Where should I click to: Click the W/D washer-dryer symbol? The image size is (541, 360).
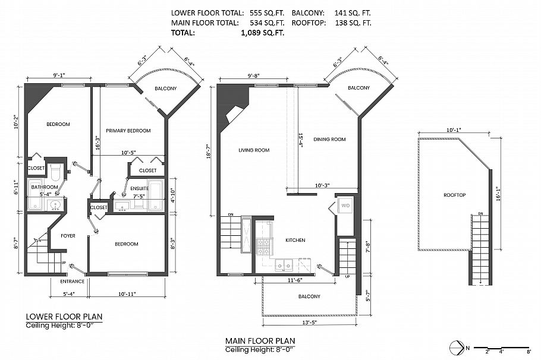(345, 206)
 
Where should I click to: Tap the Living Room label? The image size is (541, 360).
(254, 150)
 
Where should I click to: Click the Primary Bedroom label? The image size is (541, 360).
(128, 131)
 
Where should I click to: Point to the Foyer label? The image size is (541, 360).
(68, 236)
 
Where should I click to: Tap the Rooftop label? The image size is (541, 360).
(454, 195)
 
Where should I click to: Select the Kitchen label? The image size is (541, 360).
(295, 240)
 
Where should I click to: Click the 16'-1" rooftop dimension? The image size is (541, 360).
(497, 194)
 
